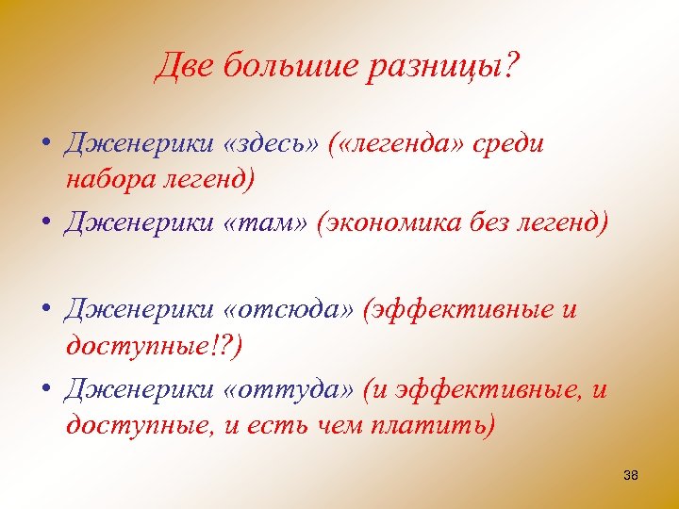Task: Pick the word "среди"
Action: [510, 144]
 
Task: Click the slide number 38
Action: [631, 476]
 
